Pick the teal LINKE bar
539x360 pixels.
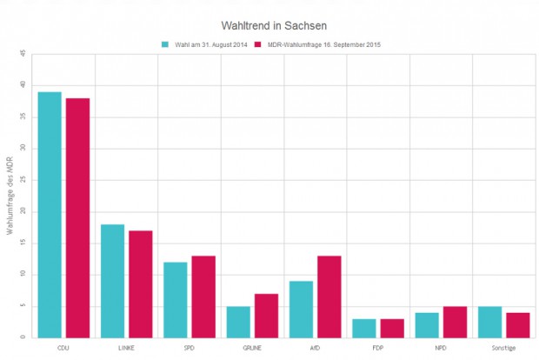coord(112,281)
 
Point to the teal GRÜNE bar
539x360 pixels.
coord(238,322)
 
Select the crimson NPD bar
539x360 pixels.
coord(456,322)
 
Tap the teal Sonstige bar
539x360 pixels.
coord(490,322)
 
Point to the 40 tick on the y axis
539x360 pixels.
coord(23,85)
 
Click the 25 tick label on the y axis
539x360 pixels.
coord(23,180)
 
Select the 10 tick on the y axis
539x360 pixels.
coord(23,275)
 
